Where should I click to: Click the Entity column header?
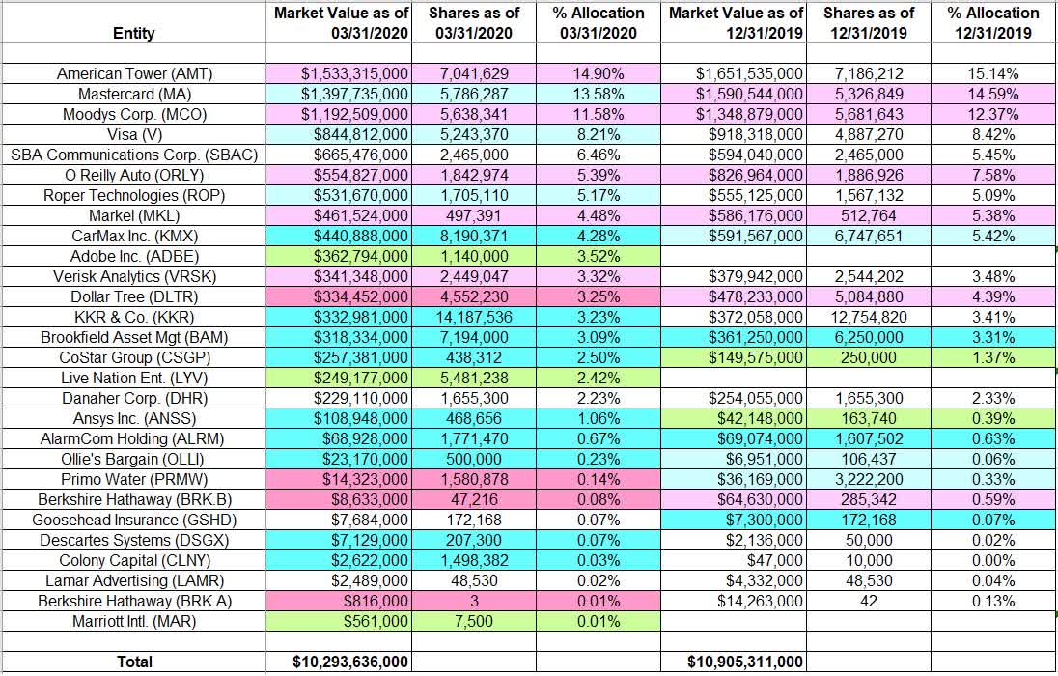pos(133,33)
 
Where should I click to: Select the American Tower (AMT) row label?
pos(133,73)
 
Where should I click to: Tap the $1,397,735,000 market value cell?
pos(354,95)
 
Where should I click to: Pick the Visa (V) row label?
pos(133,135)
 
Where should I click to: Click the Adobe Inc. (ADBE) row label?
pos(133,257)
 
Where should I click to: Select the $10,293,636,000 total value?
pos(350,662)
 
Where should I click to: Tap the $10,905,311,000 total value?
pos(744,662)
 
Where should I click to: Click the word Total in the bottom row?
pos(133,662)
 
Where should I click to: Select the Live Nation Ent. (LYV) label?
pos(133,378)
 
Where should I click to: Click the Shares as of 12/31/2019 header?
pos(869,22)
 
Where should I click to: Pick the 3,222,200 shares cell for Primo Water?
pos(869,479)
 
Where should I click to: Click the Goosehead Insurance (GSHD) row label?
pos(133,520)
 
